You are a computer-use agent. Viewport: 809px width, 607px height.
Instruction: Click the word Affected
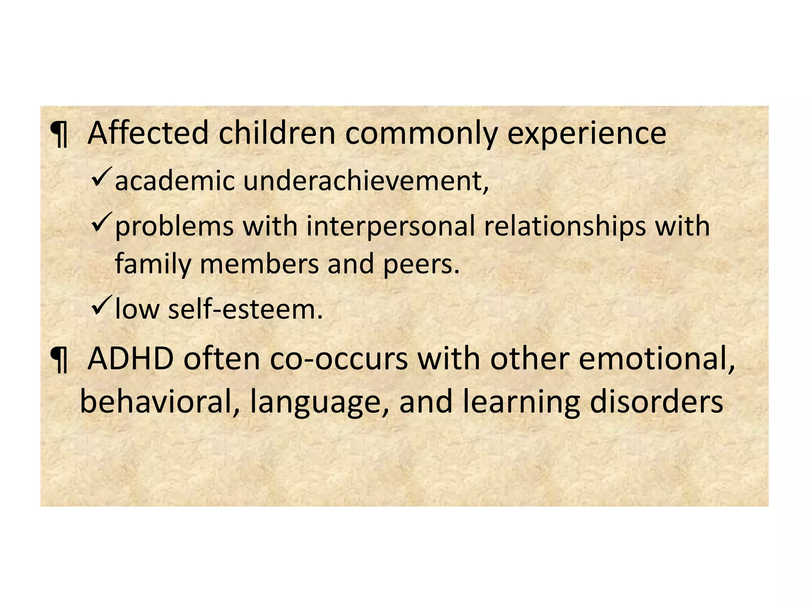pyautogui.click(x=147, y=134)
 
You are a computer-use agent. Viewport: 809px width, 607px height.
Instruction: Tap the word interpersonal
pyautogui.click(x=390, y=227)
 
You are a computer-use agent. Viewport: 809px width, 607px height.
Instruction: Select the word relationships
pyautogui.click(x=564, y=227)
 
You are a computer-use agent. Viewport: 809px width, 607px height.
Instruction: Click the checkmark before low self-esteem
pyautogui.click(x=102, y=305)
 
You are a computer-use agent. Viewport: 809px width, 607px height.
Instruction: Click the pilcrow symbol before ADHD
pyautogui.click(x=59, y=360)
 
